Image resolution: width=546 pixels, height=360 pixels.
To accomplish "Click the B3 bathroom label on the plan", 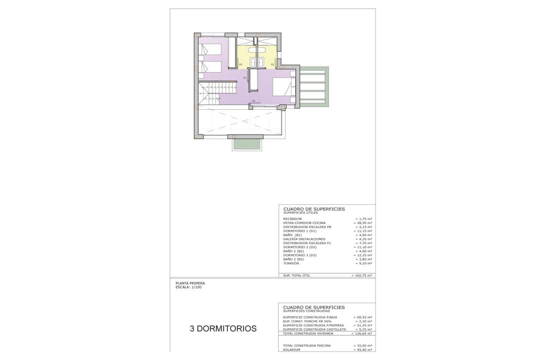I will coord(240,64).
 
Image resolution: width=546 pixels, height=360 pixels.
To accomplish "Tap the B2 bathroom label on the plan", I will coord(273,64).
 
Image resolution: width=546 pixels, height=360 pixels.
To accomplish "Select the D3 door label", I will coord(245,78).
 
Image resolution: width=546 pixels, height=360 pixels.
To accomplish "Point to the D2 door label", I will coord(254,101).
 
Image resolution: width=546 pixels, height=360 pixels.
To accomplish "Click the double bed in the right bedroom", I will coord(281,87).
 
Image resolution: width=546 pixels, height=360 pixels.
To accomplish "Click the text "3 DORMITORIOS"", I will coord(223,328).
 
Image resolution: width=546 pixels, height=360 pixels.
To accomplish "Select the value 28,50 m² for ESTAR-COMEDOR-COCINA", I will coord(363,223).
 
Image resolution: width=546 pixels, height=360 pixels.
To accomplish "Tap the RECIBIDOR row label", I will coord(292,219).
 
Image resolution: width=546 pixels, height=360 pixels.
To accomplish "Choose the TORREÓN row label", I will coord(291,263).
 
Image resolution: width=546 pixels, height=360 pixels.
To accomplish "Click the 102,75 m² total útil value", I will coord(362,275).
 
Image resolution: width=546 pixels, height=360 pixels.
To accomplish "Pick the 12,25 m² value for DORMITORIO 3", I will coord(363,255).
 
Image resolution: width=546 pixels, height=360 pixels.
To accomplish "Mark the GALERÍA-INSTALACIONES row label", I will coord(304,239).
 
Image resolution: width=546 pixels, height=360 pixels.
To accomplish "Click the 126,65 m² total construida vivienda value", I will coord(362,333).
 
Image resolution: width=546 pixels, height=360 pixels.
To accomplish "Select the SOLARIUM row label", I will coord(292,349).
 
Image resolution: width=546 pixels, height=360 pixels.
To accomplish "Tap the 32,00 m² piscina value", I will coord(363,346).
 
